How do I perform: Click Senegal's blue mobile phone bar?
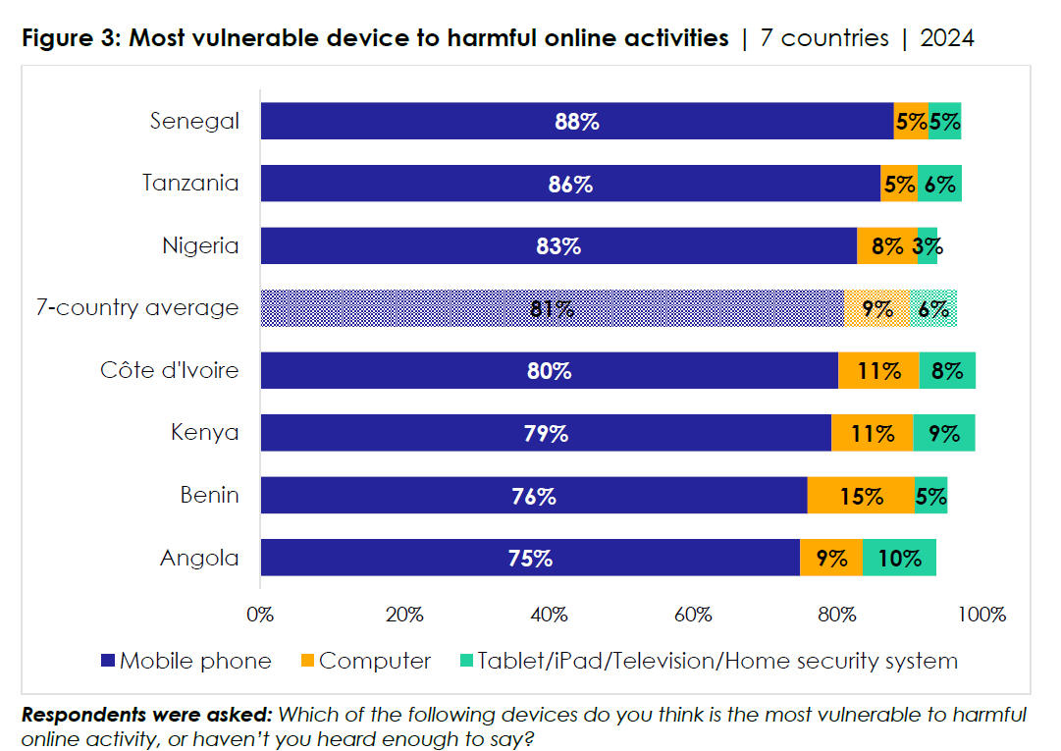coord(576,122)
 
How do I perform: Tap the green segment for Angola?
coord(899,559)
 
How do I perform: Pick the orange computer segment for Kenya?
coord(872,433)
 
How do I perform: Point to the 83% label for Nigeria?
coord(558,246)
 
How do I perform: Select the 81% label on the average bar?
coord(552,309)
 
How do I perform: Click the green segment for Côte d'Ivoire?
coord(947,371)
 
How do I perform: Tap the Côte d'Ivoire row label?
coord(169,370)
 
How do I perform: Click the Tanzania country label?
coord(190,183)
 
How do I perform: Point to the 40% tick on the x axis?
coord(549,616)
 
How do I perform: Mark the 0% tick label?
coord(260,616)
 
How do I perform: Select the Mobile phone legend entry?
coord(186,661)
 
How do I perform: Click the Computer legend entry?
coord(364,661)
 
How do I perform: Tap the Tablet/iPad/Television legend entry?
coord(707,661)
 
